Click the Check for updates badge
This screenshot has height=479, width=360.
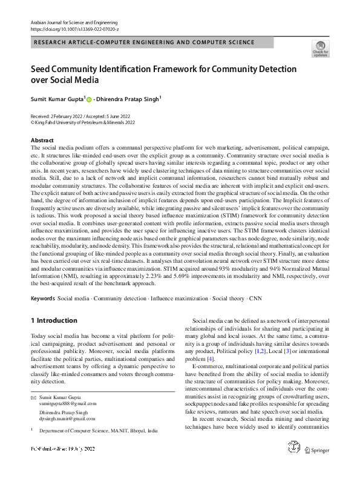click(x=320, y=48)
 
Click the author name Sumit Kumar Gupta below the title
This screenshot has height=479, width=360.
click(x=57, y=98)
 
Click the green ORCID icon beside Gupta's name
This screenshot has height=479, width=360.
click(x=90, y=99)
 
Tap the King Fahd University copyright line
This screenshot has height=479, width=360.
click(x=85, y=121)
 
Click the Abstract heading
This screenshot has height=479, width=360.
click(x=42, y=140)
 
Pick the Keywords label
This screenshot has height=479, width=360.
click(x=43, y=299)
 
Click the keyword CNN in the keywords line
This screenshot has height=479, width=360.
click(x=256, y=299)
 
